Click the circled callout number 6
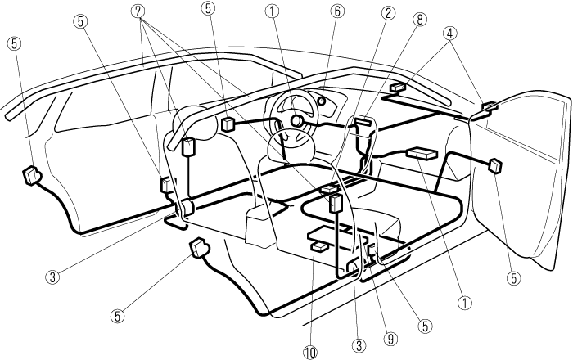coord(337,11)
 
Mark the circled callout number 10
coord(309,352)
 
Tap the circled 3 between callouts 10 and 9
coord(358,345)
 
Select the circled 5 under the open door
coord(514,277)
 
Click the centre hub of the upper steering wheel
coord(296,121)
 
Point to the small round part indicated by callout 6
coord(322,103)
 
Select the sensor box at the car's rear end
coord(34,173)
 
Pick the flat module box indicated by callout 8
coord(361,123)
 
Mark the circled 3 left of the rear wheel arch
coord(52,276)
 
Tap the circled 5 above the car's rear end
coord(13,41)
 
